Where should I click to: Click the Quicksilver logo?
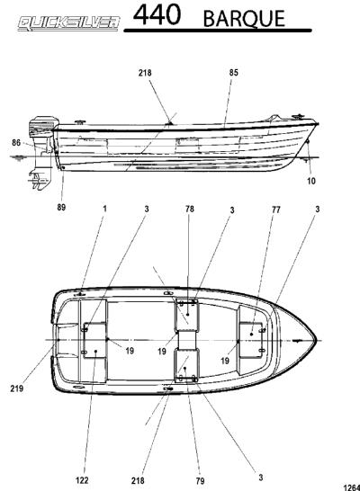click(69, 23)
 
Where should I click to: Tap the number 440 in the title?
click(157, 14)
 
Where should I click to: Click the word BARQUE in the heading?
click(244, 19)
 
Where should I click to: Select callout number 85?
click(234, 73)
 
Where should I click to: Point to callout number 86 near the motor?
click(16, 143)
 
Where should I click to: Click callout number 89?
click(61, 208)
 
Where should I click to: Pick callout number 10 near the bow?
click(311, 181)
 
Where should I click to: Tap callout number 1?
click(105, 209)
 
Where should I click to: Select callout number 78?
click(190, 209)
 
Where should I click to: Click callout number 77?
click(275, 210)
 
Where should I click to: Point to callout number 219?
click(16, 388)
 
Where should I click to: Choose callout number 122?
click(82, 480)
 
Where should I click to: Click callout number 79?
click(200, 481)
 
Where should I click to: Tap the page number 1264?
click(352, 487)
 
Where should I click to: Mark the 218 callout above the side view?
click(145, 73)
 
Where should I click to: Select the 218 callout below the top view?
click(138, 481)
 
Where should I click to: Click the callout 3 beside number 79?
click(261, 478)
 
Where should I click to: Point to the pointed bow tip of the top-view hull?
click(317, 341)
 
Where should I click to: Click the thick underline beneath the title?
click(218, 31)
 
